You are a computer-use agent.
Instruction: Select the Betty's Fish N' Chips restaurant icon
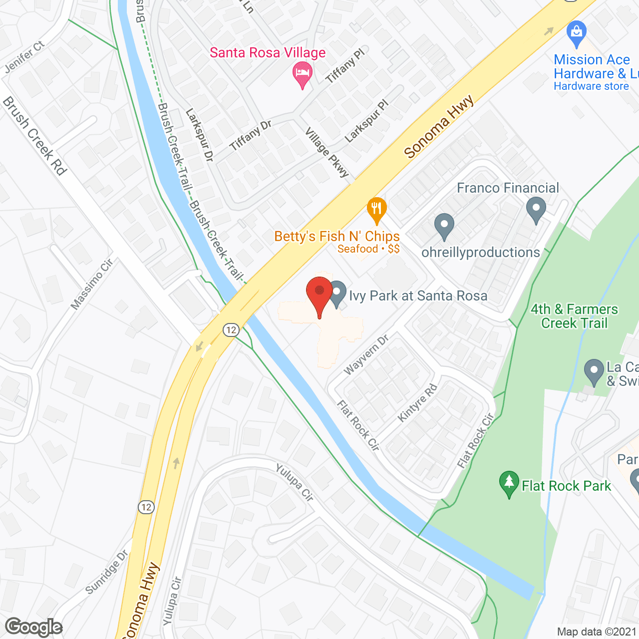(x=377, y=210)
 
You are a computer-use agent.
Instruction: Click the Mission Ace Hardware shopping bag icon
(x=577, y=33)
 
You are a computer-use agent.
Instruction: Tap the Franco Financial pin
(x=536, y=210)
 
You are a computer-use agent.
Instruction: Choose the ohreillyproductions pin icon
(x=444, y=226)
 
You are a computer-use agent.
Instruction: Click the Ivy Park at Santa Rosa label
(x=418, y=296)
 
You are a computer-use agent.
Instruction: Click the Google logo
(x=34, y=627)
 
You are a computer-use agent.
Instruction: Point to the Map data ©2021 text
(x=597, y=632)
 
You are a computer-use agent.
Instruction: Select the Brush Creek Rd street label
(x=34, y=136)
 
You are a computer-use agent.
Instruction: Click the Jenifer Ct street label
(x=24, y=57)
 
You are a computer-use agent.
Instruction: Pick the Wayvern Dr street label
(x=366, y=355)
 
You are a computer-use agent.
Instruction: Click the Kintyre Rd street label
(x=417, y=403)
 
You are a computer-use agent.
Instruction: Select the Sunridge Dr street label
(x=107, y=572)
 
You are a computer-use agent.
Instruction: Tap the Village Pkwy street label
(x=327, y=152)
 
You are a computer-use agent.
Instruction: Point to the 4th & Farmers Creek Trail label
(x=574, y=316)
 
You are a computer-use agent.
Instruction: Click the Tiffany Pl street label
(x=345, y=66)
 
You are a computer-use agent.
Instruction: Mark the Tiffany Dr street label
(x=251, y=135)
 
